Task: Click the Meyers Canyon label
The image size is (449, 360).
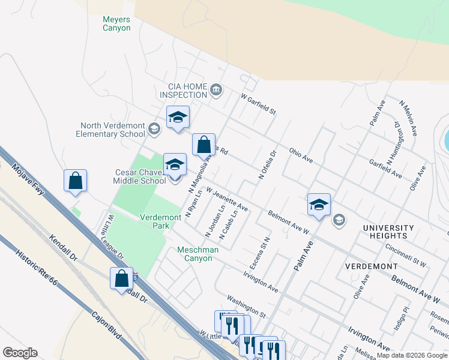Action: [116, 23]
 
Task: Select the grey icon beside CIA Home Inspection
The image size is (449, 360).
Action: [217, 91]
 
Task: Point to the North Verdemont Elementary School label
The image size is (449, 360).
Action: [111, 130]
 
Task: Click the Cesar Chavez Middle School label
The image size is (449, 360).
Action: [140, 176]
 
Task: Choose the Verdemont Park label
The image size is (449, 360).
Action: [163, 221]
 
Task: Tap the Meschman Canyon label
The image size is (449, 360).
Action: [194, 254]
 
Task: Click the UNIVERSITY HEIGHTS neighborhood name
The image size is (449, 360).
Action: [388, 232]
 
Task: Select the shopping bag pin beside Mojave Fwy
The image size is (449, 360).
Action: [76, 181]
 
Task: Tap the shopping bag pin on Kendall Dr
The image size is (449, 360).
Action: [122, 278]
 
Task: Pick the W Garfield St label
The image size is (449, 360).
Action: [258, 103]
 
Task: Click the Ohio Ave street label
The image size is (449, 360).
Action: [301, 155]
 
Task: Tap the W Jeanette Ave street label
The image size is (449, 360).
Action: [227, 199]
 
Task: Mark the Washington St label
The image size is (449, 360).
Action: [246, 305]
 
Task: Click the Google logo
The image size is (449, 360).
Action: [20, 353]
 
